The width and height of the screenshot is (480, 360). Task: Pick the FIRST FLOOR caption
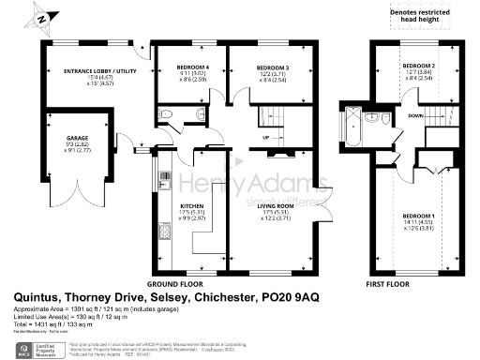[392, 282]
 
